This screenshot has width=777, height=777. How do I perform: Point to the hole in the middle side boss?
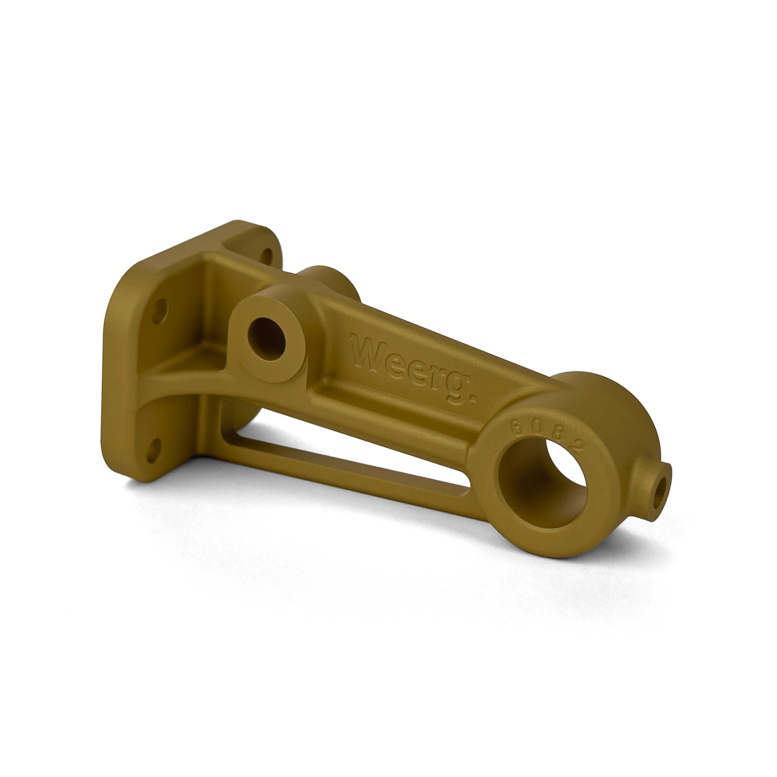[266, 338]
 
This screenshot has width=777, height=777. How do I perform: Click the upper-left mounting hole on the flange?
[160, 311]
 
